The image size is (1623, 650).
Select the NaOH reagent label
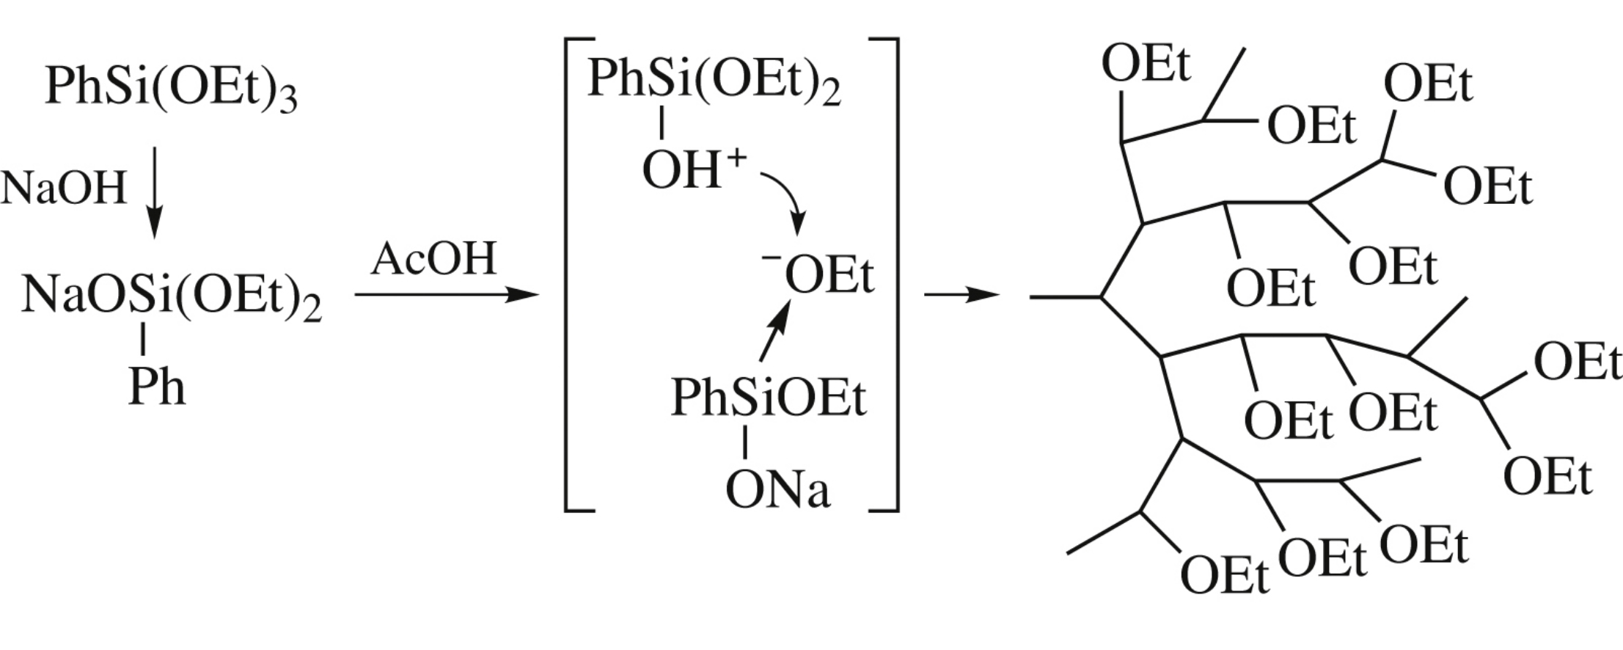point(64,188)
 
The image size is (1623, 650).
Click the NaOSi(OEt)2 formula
point(171,297)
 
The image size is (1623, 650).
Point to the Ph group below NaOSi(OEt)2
point(156,387)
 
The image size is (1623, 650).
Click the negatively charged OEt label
point(828,277)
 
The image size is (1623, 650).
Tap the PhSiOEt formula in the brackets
point(768,398)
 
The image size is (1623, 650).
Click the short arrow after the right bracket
point(961,295)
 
